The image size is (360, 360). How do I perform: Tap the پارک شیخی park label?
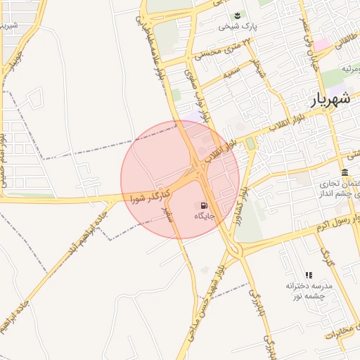(235, 27)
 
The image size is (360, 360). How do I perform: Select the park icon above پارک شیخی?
(236, 15)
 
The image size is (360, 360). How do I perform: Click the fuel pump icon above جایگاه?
(203, 206)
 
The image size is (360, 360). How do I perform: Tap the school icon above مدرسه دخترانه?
(308, 275)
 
